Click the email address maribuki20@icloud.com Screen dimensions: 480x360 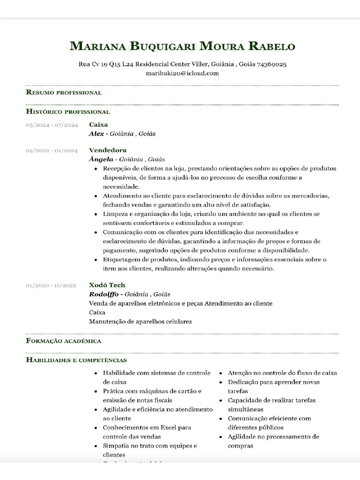pyautogui.click(x=182, y=73)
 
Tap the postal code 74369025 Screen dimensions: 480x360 pyautogui.click(x=272, y=64)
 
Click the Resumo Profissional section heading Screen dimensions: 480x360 pyautogui.click(x=64, y=92)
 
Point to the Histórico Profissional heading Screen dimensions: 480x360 pyautogui.click(x=68, y=112)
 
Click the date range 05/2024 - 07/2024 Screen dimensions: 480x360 pyautogui.click(x=52, y=125)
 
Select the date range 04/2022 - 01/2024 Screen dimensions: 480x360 pyautogui.click(x=52, y=151)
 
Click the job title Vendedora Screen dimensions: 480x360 pyautogui.click(x=108, y=150)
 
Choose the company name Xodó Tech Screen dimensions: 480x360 pyautogui.click(x=107, y=285)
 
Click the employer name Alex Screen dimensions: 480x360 pyautogui.click(x=97, y=134)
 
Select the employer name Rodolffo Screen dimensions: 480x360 pyautogui.click(x=104, y=294)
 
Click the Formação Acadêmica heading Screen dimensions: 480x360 pyautogui.click(x=64, y=341)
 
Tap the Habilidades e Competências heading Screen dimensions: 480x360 pyautogui.click(x=76, y=360)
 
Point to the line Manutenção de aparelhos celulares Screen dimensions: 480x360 pyautogui.click(x=141, y=322)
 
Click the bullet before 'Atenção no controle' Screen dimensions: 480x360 pyautogui.click(x=221, y=374)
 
